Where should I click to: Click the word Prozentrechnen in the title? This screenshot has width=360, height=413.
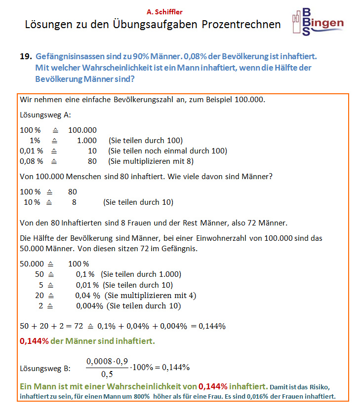(241, 24)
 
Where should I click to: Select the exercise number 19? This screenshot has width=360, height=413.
(26, 57)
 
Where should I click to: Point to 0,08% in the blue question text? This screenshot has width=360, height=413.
(196, 57)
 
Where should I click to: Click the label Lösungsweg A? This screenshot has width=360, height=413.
(45, 115)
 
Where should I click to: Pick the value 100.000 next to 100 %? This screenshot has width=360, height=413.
(82, 130)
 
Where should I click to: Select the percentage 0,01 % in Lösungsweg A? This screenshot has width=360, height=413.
(31, 150)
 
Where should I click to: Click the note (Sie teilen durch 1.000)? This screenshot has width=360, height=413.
(141, 274)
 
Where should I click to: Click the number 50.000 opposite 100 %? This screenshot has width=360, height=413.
(32, 264)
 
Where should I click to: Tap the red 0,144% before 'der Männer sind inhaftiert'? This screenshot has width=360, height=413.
(34, 341)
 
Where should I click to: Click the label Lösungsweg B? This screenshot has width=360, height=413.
(45, 368)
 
